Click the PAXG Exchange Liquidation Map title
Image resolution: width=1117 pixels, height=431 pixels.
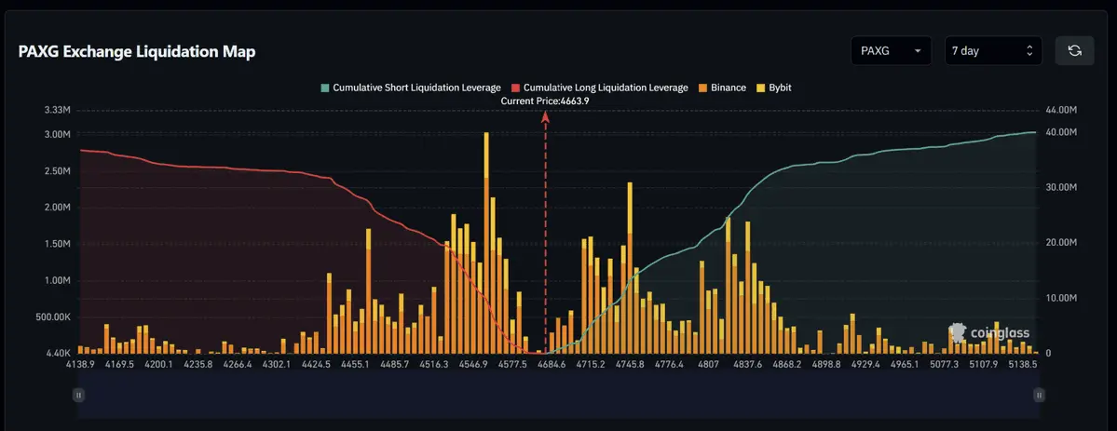click(137, 52)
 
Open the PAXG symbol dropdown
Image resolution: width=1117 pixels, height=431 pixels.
click(891, 51)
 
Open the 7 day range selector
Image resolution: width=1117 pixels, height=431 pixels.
click(991, 51)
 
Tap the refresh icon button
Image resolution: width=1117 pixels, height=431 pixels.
click(1074, 51)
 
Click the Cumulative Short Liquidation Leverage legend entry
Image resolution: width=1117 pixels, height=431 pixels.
click(410, 88)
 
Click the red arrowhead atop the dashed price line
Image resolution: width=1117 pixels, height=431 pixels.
click(546, 116)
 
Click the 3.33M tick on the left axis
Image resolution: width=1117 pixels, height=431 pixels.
click(57, 111)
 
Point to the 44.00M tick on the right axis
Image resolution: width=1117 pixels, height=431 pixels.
click(1062, 111)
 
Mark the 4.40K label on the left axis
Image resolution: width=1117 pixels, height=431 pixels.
click(57, 354)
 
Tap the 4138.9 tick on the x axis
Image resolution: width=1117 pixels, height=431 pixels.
click(80, 365)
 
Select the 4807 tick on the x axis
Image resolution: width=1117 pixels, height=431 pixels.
click(709, 365)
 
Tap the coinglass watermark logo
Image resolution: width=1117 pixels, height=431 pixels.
click(989, 332)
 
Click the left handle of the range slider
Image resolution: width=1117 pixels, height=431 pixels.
click(78, 395)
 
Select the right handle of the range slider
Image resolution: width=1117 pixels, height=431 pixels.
click(1039, 395)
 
